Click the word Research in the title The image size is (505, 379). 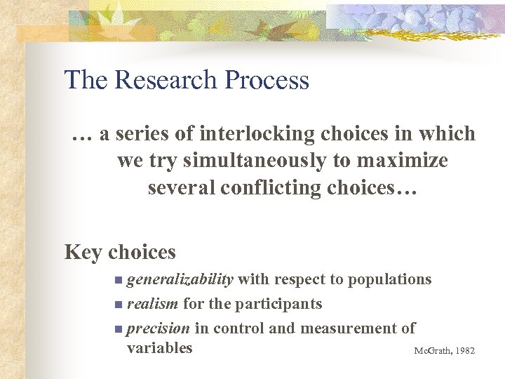tap(166, 80)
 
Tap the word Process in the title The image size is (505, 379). tap(267, 80)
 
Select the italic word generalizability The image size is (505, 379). tap(180, 279)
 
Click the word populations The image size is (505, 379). tap(390, 279)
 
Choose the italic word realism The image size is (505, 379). tap(152, 304)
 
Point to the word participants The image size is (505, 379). tap(278, 304)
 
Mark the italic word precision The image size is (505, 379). tap(158, 328)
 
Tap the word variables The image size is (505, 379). tap(159, 347)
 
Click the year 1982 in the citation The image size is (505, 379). tap(464, 350)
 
